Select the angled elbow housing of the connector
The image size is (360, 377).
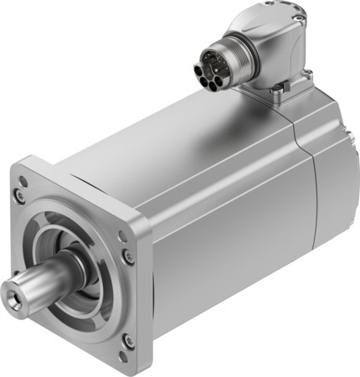pyautogui.click(x=268, y=46)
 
